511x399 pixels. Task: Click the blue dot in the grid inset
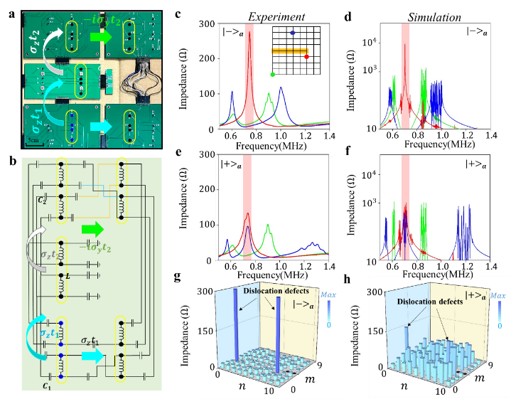click(292, 33)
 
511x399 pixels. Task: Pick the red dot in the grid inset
click(306, 56)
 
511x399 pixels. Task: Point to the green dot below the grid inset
click(272, 74)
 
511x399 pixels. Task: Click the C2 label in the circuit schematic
click(43, 199)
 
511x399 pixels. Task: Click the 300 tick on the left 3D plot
click(205, 292)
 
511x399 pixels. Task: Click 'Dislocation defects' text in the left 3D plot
click(271, 291)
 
